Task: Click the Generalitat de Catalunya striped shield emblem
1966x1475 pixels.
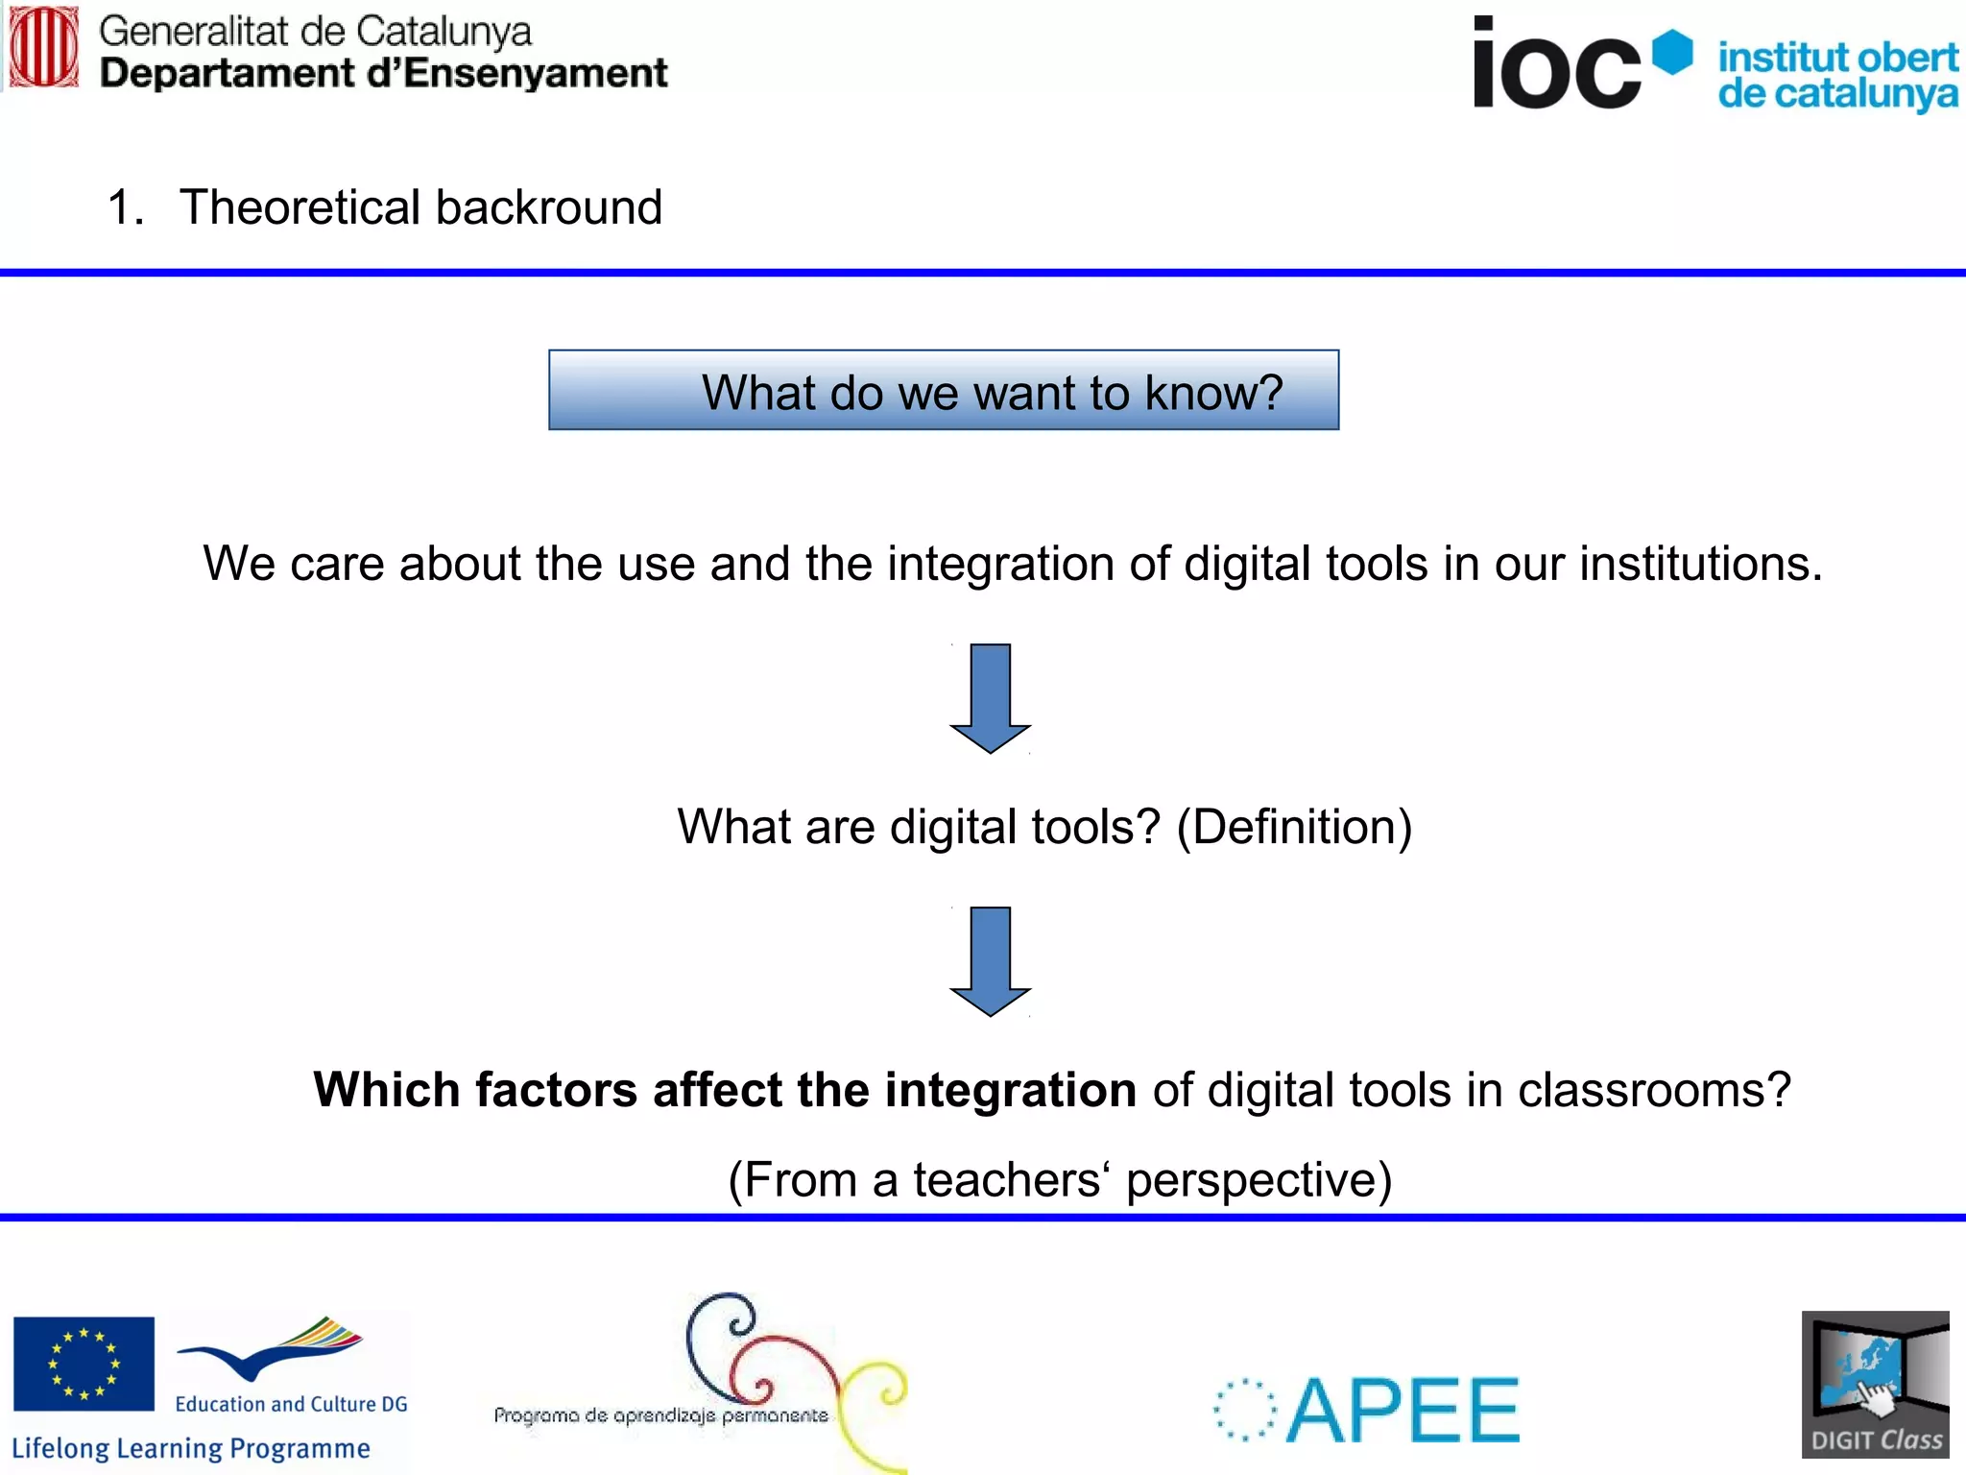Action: [43, 48]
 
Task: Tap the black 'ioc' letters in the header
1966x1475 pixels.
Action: [1556, 65]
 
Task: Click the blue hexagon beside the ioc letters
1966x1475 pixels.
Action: [1673, 52]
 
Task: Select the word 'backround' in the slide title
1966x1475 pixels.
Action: [549, 207]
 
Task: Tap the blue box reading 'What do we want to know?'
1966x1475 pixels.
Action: [944, 391]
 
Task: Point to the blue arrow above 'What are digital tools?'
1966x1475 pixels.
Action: [990, 698]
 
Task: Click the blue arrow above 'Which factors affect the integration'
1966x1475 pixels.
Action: [990, 960]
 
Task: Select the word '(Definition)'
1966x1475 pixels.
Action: [1294, 828]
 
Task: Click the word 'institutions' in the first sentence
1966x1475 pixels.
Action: [1700, 564]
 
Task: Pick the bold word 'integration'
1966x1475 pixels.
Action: [1010, 1091]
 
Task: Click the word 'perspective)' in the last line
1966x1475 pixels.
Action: [1259, 1180]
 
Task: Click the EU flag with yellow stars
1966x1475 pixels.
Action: [84, 1364]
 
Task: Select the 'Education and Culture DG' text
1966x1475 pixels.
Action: [291, 1404]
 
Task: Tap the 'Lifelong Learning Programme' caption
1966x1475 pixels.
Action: [190, 1448]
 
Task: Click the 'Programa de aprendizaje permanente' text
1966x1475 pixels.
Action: [660, 1415]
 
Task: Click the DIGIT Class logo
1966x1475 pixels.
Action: [1875, 1385]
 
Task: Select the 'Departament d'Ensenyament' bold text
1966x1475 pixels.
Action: [383, 74]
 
